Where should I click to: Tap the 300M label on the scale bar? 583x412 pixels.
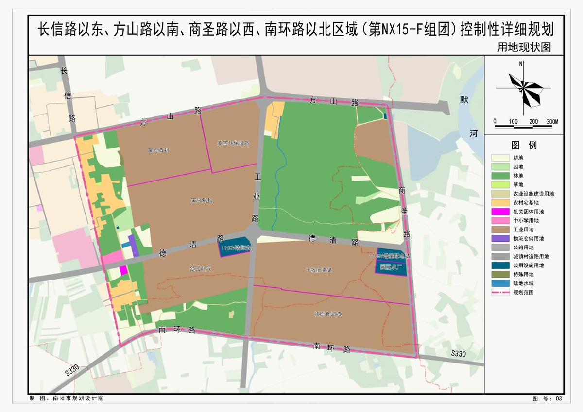pos(552,121)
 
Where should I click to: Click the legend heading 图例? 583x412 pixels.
pos(524,145)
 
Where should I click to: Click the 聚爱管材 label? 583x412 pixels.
pos(159,150)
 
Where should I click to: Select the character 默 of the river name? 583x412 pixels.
pos(465,100)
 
